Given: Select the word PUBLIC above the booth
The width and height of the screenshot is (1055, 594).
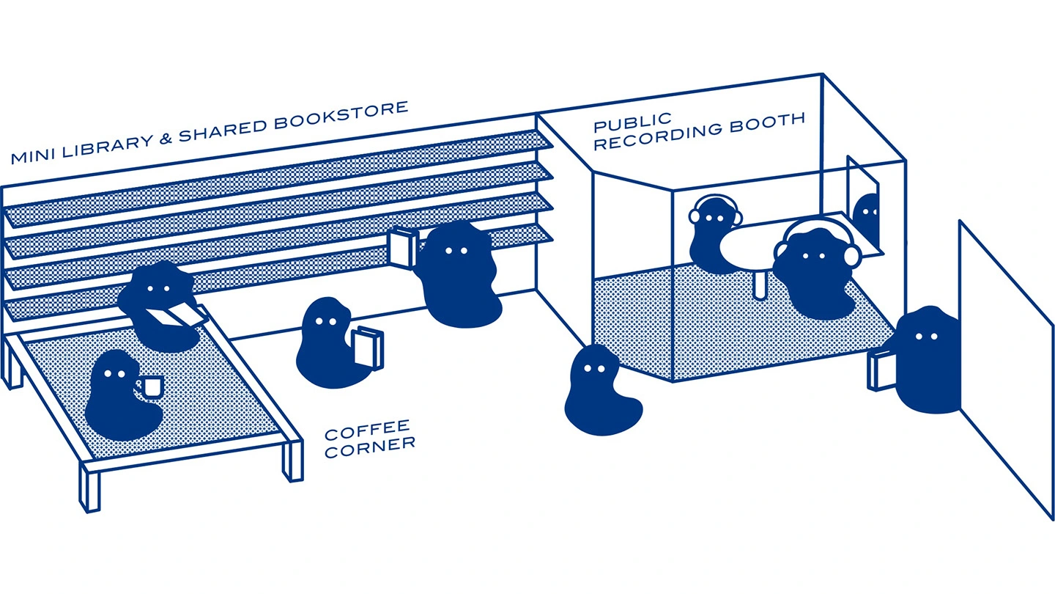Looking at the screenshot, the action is [x=632, y=122].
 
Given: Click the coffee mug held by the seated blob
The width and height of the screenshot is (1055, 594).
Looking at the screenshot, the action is [x=151, y=386].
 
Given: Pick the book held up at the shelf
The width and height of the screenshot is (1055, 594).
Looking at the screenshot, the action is [x=401, y=248].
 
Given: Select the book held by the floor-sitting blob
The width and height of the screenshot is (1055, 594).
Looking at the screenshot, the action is [x=368, y=347].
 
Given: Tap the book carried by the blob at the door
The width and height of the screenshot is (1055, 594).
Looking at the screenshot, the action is [x=881, y=370].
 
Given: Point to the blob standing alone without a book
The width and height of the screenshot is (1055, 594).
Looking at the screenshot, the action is [x=601, y=390].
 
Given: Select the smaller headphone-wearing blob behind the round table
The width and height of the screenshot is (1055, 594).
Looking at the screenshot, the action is [x=713, y=233].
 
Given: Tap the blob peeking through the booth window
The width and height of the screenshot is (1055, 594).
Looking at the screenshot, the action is [x=867, y=218].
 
